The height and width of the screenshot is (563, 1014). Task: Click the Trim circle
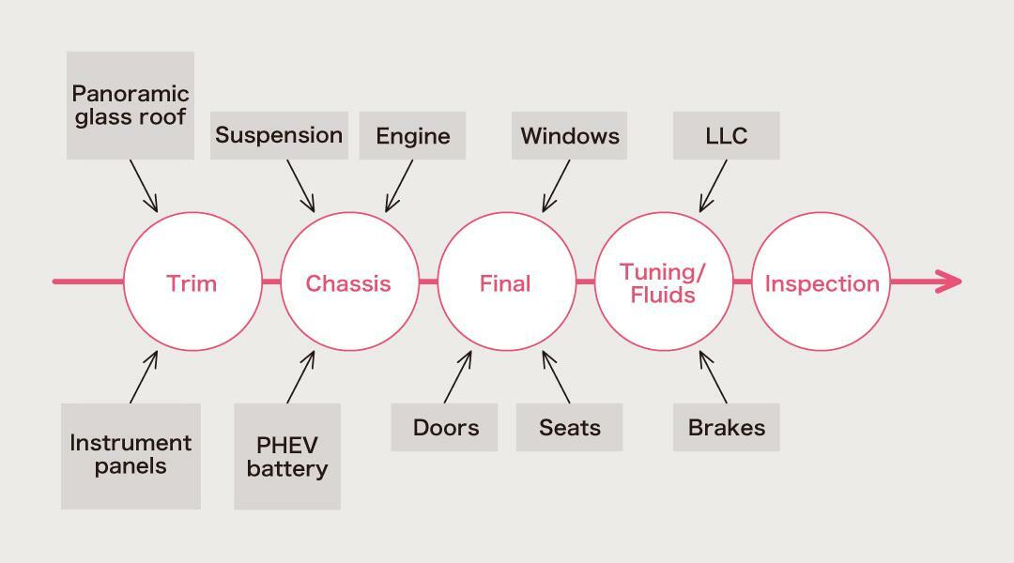coord(192,281)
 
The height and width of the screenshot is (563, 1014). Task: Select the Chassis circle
coord(348,281)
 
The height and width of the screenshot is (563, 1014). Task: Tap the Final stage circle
coord(506,281)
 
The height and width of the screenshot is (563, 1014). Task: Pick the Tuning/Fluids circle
coord(663,281)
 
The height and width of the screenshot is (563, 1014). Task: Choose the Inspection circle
coord(821,281)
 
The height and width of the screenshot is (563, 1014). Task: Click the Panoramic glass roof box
coord(131,105)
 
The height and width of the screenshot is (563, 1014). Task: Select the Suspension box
coord(279,135)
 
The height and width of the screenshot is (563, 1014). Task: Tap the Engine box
coord(412,136)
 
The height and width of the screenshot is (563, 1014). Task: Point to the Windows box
coord(570,136)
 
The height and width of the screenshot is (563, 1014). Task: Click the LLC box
coord(726,136)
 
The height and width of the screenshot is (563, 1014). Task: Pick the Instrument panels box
coord(131,456)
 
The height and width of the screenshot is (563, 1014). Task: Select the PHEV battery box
coord(286,457)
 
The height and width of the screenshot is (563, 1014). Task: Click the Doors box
coord(445,428)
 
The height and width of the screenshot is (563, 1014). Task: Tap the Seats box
coord(569,428)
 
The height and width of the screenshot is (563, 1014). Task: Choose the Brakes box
coord(726,428)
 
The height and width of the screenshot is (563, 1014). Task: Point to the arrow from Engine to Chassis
coord(399,186)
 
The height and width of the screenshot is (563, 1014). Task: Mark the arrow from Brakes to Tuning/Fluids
coord(713,378)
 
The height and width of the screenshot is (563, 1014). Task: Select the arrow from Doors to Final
coord(458,378)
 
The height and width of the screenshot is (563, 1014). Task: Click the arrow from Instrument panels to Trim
coord(144,378)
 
